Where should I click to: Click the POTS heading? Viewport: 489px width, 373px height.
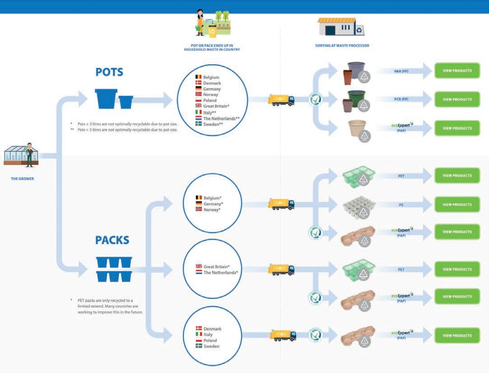click(x=109, y=72)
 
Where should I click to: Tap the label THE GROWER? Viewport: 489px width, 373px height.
click(x=23, y=179)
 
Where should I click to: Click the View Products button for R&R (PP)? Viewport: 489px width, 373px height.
click(x=457, y=71)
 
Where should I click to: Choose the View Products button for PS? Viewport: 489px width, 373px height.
click(x=457, y=204)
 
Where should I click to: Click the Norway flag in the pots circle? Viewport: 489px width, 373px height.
click(x=198, y=94)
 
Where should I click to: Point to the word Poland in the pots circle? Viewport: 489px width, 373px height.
click(x=210, y=100)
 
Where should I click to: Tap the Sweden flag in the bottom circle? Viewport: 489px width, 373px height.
click(x=199, y=346)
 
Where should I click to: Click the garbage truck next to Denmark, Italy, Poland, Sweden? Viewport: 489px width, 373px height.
click(x=283, y=335)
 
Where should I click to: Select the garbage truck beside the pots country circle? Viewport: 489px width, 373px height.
click(x=281, y=100)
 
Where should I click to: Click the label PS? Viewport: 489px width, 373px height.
click(x=401, y=204)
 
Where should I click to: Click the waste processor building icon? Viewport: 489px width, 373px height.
click(x=341, y=27)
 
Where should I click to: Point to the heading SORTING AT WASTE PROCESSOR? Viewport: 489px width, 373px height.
click(x=342, y=46)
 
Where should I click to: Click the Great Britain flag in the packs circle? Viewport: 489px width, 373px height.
click(x=199, y=267)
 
